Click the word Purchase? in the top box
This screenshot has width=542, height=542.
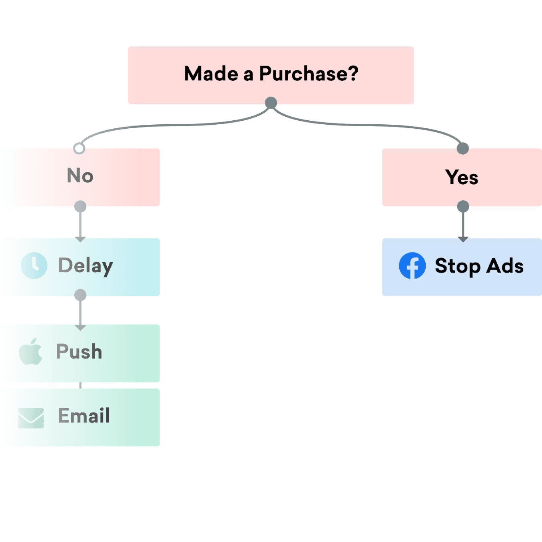tap(309, 74)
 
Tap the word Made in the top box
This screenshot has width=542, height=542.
tap(211, 74)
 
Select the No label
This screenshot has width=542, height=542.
tap(80, 175)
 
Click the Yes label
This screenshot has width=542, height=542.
tap(462, 177)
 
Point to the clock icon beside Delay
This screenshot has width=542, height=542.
tap(34, 265)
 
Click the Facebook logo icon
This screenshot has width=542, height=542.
tap(412, 265)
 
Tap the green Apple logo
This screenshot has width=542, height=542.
tap(31, 352)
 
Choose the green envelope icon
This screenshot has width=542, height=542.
tap(31, 418)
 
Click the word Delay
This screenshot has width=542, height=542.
tap(86, 266)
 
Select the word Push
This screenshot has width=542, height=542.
tap(79, 352)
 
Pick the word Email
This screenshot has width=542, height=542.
tap(84, 416)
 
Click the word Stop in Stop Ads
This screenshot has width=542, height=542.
tap(458, 266)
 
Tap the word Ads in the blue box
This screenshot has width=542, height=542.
tap(505, 266)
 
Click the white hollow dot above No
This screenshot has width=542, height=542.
tap(79, 149)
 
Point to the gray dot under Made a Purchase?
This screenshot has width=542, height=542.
tap(271, 103)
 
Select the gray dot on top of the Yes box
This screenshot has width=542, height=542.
tap(463, 148)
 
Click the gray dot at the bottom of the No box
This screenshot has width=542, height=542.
tap(80, 206)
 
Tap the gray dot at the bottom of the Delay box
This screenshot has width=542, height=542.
tap(80, 295)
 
